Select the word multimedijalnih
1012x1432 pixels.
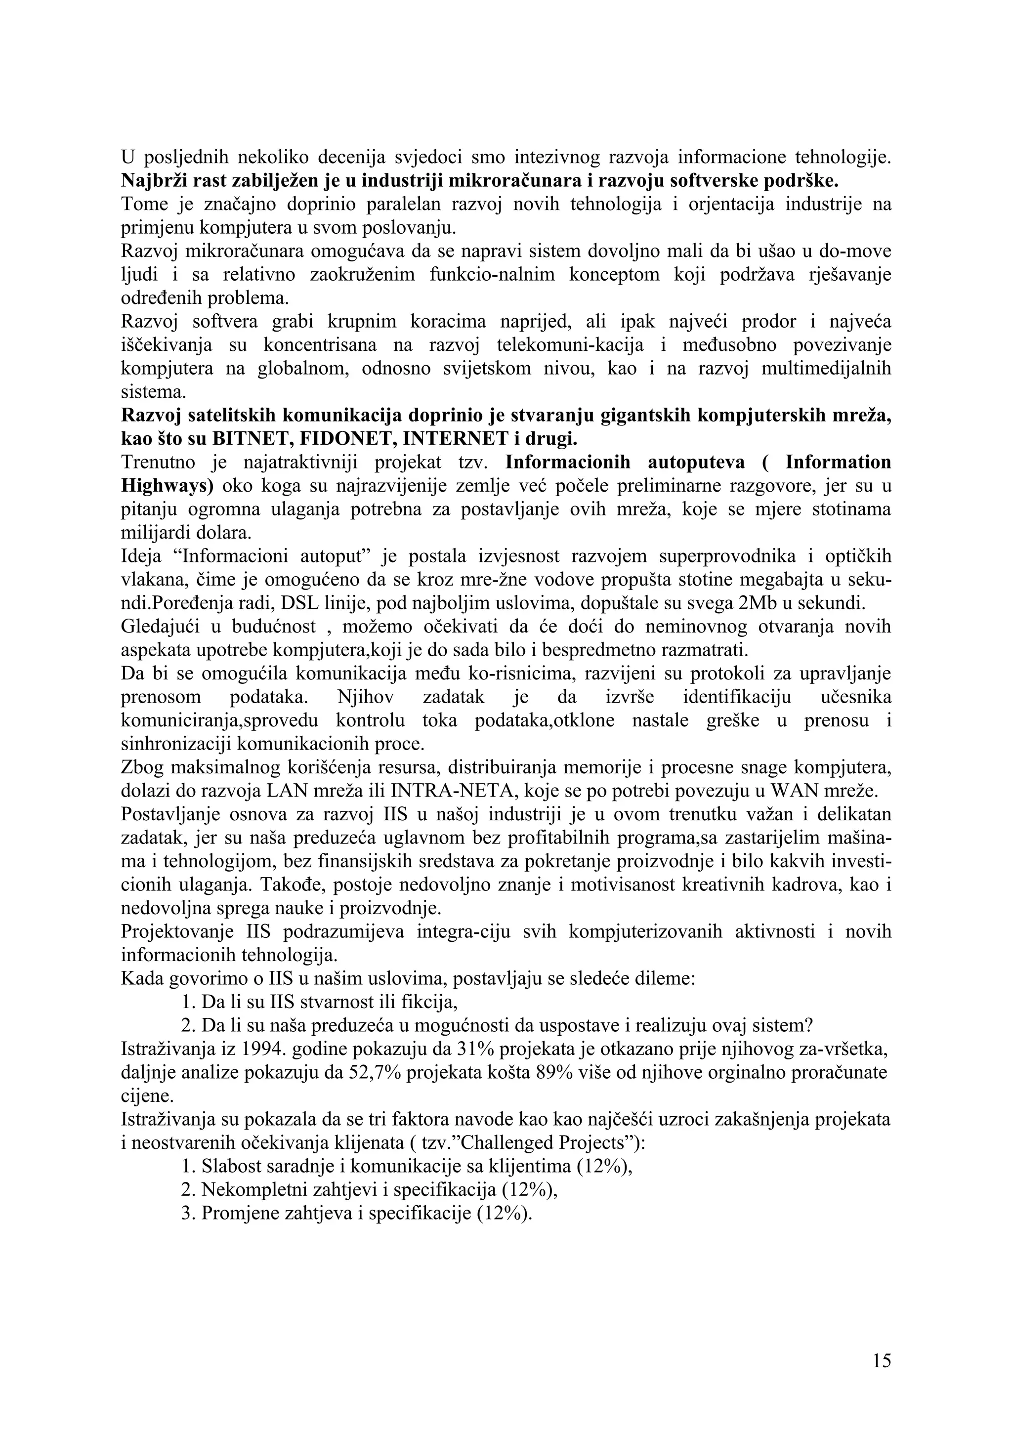tap(826, 369)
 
